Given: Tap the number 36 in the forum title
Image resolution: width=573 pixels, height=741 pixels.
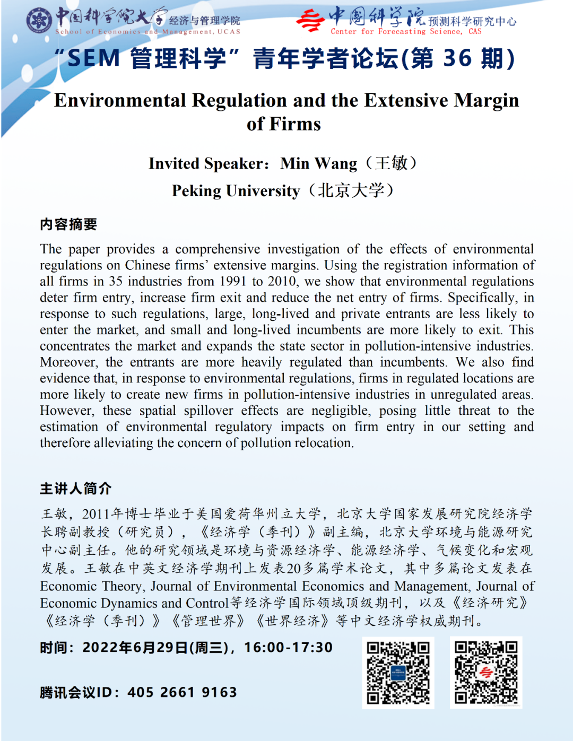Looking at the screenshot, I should pyautogui.click(x=457, y=58).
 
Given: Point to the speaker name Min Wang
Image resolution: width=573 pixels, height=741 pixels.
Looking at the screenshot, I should pyautogui.click(x=318, y=163).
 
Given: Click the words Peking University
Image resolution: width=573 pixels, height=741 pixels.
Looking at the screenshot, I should pyautogui.click(x=236, y=190).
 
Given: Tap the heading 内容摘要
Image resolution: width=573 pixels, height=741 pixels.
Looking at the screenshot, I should pyautogui.click(x=68, y=224).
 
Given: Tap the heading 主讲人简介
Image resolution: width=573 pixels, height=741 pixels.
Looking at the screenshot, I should pyautogui.click(x=75, y=489).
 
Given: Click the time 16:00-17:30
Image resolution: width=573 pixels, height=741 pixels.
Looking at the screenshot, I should pyautogui.click(x=288, y=648).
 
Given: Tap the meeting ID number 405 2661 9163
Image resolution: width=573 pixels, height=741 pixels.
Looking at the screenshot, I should pyautogui.click(x=182, y=692).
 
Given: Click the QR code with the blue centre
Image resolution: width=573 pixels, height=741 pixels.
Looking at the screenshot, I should pyautogui.click(x=398, y=673).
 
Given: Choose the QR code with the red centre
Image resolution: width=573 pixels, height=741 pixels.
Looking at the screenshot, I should pyautogui.click(x=486, y=673).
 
